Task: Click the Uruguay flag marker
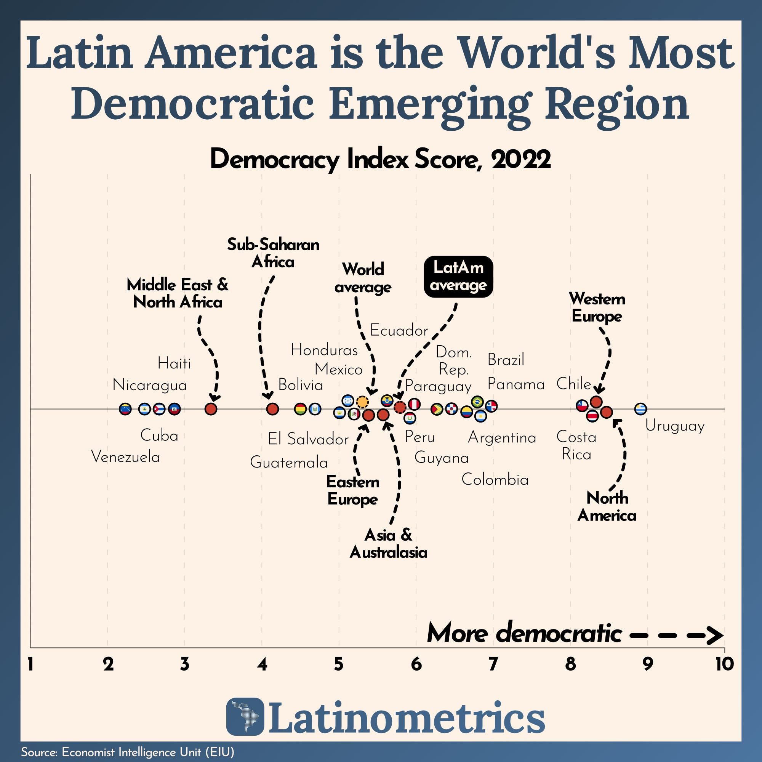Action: (640, 409)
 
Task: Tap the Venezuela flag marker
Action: (125, 409)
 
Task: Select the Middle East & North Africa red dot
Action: (211, 409)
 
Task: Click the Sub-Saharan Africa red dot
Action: (272, 409)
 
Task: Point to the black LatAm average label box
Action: (458, 277)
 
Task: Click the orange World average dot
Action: (362, 402)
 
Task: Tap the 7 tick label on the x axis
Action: (493, 665)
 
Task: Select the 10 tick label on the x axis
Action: (724, 665)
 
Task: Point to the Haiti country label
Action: (174, 363)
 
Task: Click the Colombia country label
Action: (495, 480)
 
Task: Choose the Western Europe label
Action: (597, 307)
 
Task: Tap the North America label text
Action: (607, 507)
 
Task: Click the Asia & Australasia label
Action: (389, 544)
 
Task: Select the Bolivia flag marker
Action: (301, 409)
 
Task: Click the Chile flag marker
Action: (582, 405)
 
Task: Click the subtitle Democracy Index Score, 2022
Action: (380, 160)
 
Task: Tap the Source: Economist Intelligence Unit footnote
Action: (128, 752)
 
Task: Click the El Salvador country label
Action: (308, 439)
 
